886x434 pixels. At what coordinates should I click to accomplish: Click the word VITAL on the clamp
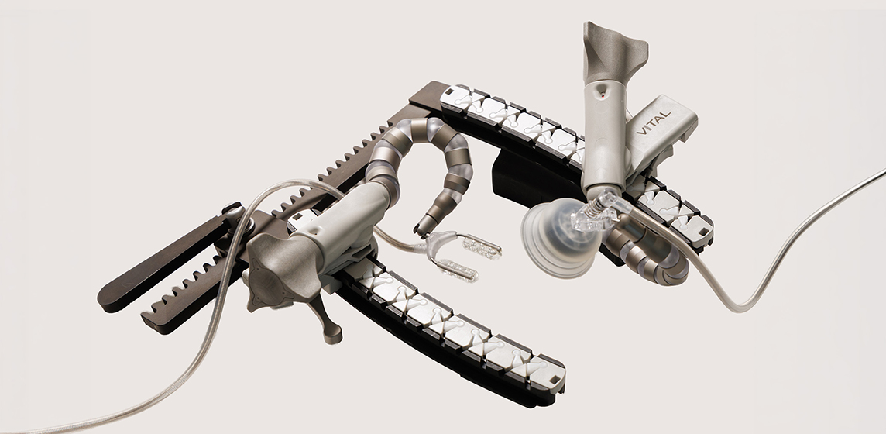tap(653, 122)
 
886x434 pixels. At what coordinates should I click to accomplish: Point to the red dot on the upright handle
tap(603, 95)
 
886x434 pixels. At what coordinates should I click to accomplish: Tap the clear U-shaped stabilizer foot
tap(461, 256)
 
